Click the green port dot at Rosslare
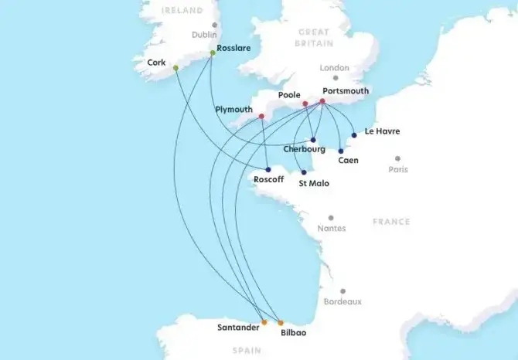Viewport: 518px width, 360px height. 212,53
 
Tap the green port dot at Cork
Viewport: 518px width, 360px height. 176,68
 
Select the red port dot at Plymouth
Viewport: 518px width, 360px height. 262,117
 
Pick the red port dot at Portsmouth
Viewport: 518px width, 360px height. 322,101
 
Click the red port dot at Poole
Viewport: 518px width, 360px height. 305,104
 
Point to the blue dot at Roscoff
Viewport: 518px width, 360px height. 268,170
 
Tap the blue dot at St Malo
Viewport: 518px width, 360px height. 304,172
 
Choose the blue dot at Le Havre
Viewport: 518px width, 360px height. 354,135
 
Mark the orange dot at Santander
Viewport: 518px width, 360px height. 264,322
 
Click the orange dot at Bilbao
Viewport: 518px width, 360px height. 281,322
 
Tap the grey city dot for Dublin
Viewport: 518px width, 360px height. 215,25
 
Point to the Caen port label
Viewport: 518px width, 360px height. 349,161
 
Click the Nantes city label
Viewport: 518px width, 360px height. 332,229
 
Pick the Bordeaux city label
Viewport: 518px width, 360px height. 342,301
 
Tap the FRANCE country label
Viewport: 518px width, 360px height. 391,222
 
